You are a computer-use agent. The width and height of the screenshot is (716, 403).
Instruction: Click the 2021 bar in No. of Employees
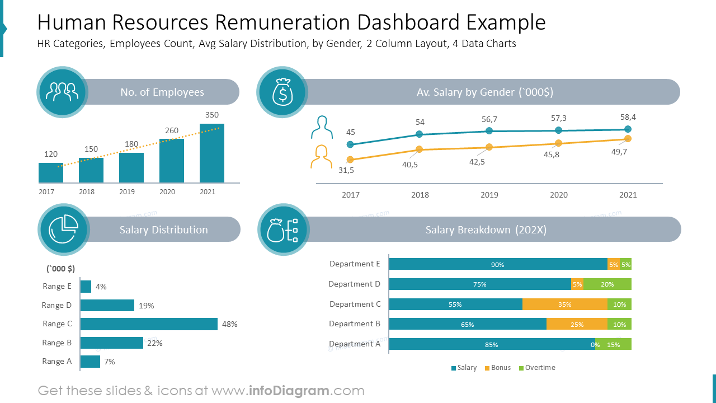[x=211, y=153]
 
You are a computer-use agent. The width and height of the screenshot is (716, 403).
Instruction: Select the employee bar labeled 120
[x=50, y=173]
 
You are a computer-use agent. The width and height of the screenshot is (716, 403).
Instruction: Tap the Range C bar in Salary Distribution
[x=149, y=324]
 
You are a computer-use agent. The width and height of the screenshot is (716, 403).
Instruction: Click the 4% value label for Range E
[x=101, y=287]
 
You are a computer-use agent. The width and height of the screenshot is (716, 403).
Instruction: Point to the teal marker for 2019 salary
[x=489, y=130]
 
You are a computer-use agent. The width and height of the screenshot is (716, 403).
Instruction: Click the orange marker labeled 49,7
[x=628, y=139]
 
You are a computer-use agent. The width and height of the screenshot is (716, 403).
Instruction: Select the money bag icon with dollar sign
[x=282, y=92]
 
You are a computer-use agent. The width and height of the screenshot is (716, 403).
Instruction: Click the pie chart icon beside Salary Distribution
[x=63, y=229]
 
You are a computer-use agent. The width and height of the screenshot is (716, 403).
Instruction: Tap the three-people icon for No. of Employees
[x=62, y=92]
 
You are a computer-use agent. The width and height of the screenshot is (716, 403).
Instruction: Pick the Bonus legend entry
[x=497, y=368]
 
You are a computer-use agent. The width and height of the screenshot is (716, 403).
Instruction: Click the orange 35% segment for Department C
[x=565, y=304]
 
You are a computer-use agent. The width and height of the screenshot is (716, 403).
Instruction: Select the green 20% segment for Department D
[x=607, y=284]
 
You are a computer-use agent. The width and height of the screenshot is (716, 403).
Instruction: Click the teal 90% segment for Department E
[x=498, y=265]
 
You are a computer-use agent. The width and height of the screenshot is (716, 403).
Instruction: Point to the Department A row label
[x=355, y=344]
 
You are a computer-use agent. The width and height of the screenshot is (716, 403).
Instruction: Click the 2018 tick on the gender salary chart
[x=420, y=195]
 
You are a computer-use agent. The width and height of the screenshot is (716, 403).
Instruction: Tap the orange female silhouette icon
[x=321, y=157]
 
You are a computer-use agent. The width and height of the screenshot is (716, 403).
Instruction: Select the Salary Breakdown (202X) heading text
[x=486, y=229]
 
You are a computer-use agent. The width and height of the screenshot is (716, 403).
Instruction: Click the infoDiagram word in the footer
[x=288, y=391]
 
